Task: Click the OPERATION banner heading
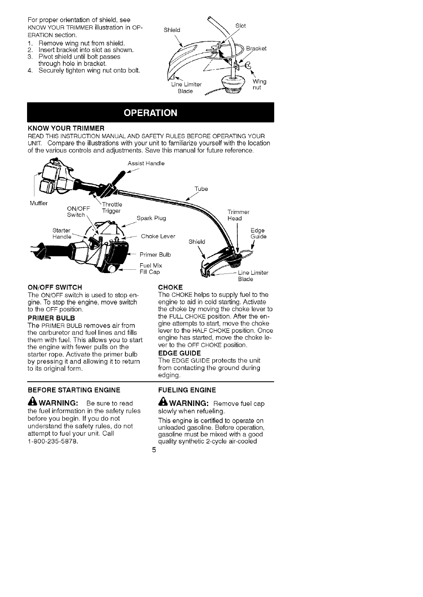(150, 113)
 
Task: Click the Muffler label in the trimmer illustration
(39, 203)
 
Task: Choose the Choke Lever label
(158, 236)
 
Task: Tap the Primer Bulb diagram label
(155, 254)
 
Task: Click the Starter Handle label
(62, 233)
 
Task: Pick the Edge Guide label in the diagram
(258, 233)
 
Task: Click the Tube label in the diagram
(201, 189)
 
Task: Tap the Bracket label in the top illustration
(256, 48)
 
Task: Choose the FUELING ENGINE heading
(187, 390)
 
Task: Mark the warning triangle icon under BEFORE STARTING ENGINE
(32, 403)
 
